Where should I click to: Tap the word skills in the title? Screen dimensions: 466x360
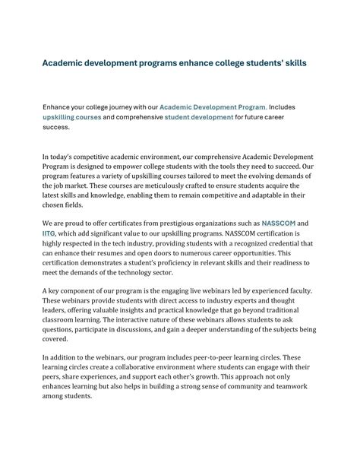(x=291, y=63)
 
